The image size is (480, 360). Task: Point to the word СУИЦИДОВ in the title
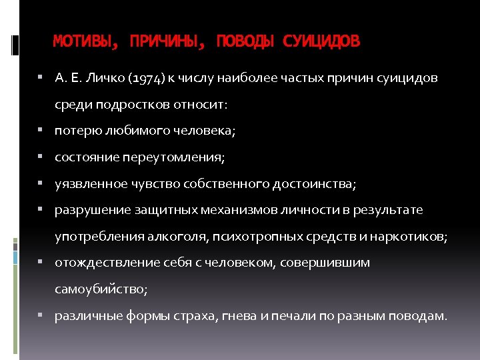pos(321,42)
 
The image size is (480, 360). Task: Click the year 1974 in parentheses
pos(143,79)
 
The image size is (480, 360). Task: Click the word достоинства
pos(314,184)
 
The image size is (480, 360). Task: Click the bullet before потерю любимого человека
pos(41,131)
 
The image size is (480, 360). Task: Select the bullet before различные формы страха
pos(41,315)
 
